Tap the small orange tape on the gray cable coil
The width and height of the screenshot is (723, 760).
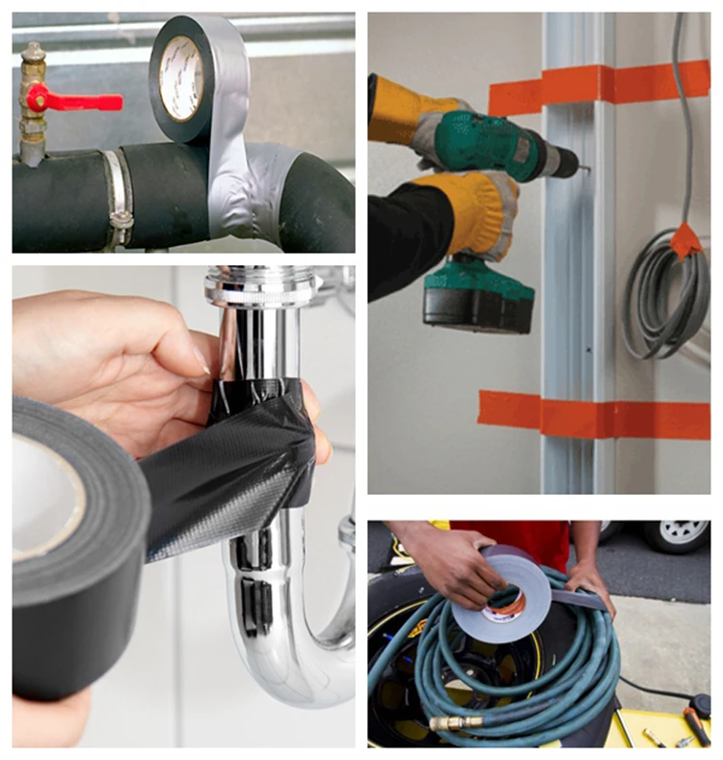(686, 240)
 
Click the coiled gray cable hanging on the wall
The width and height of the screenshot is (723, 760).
(665, 289)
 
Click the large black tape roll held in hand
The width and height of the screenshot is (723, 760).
(72, 540)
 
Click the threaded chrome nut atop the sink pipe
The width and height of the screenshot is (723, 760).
(260, 285)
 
